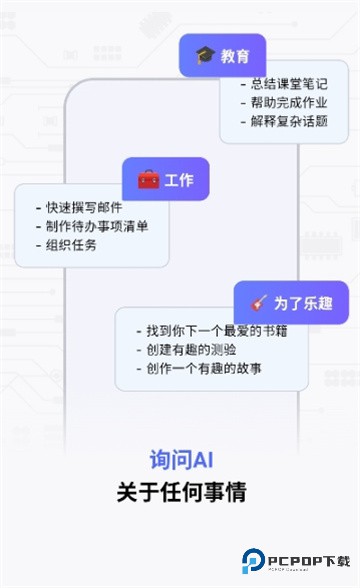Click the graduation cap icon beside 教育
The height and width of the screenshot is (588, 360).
[205, 55]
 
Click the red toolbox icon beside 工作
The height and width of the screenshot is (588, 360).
[148, 180]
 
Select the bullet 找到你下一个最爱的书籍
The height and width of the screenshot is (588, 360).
[211, 331]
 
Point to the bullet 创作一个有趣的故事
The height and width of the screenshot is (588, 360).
[204, 369]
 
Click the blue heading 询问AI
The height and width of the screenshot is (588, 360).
[181, 461]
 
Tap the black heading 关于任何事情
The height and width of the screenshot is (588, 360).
[181, 492]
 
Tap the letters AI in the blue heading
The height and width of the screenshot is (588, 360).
[202, 461]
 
